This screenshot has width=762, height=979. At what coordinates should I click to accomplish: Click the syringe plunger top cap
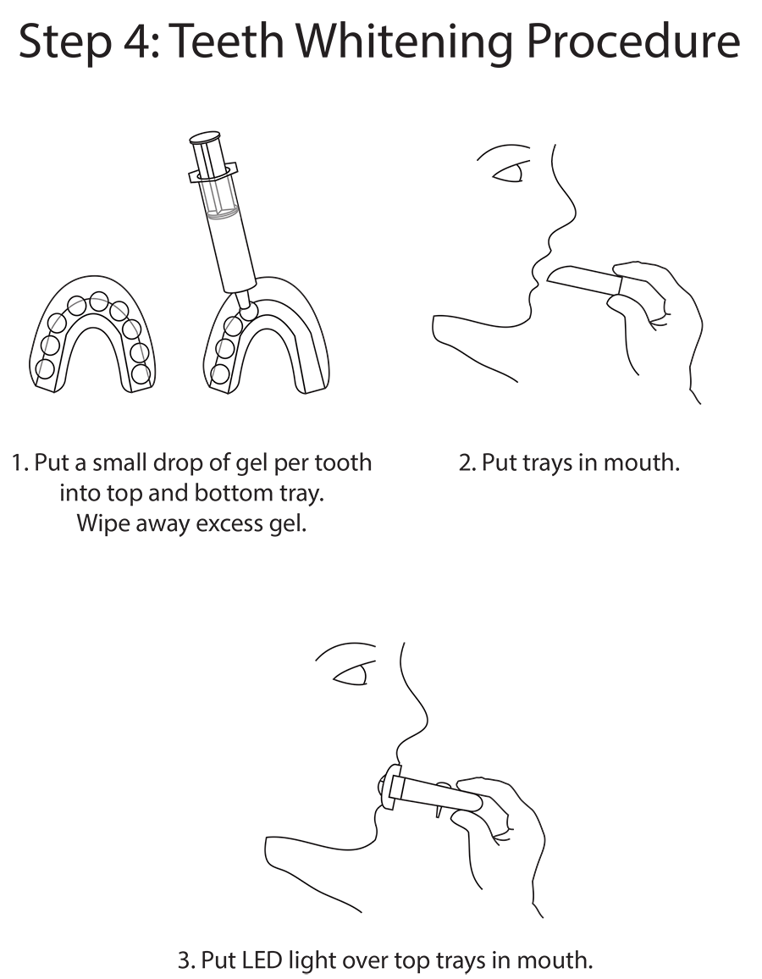[206, 137]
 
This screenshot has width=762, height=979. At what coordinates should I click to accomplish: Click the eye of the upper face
[509, 173]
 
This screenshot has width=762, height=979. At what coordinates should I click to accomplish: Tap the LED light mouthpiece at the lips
[390, 788]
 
